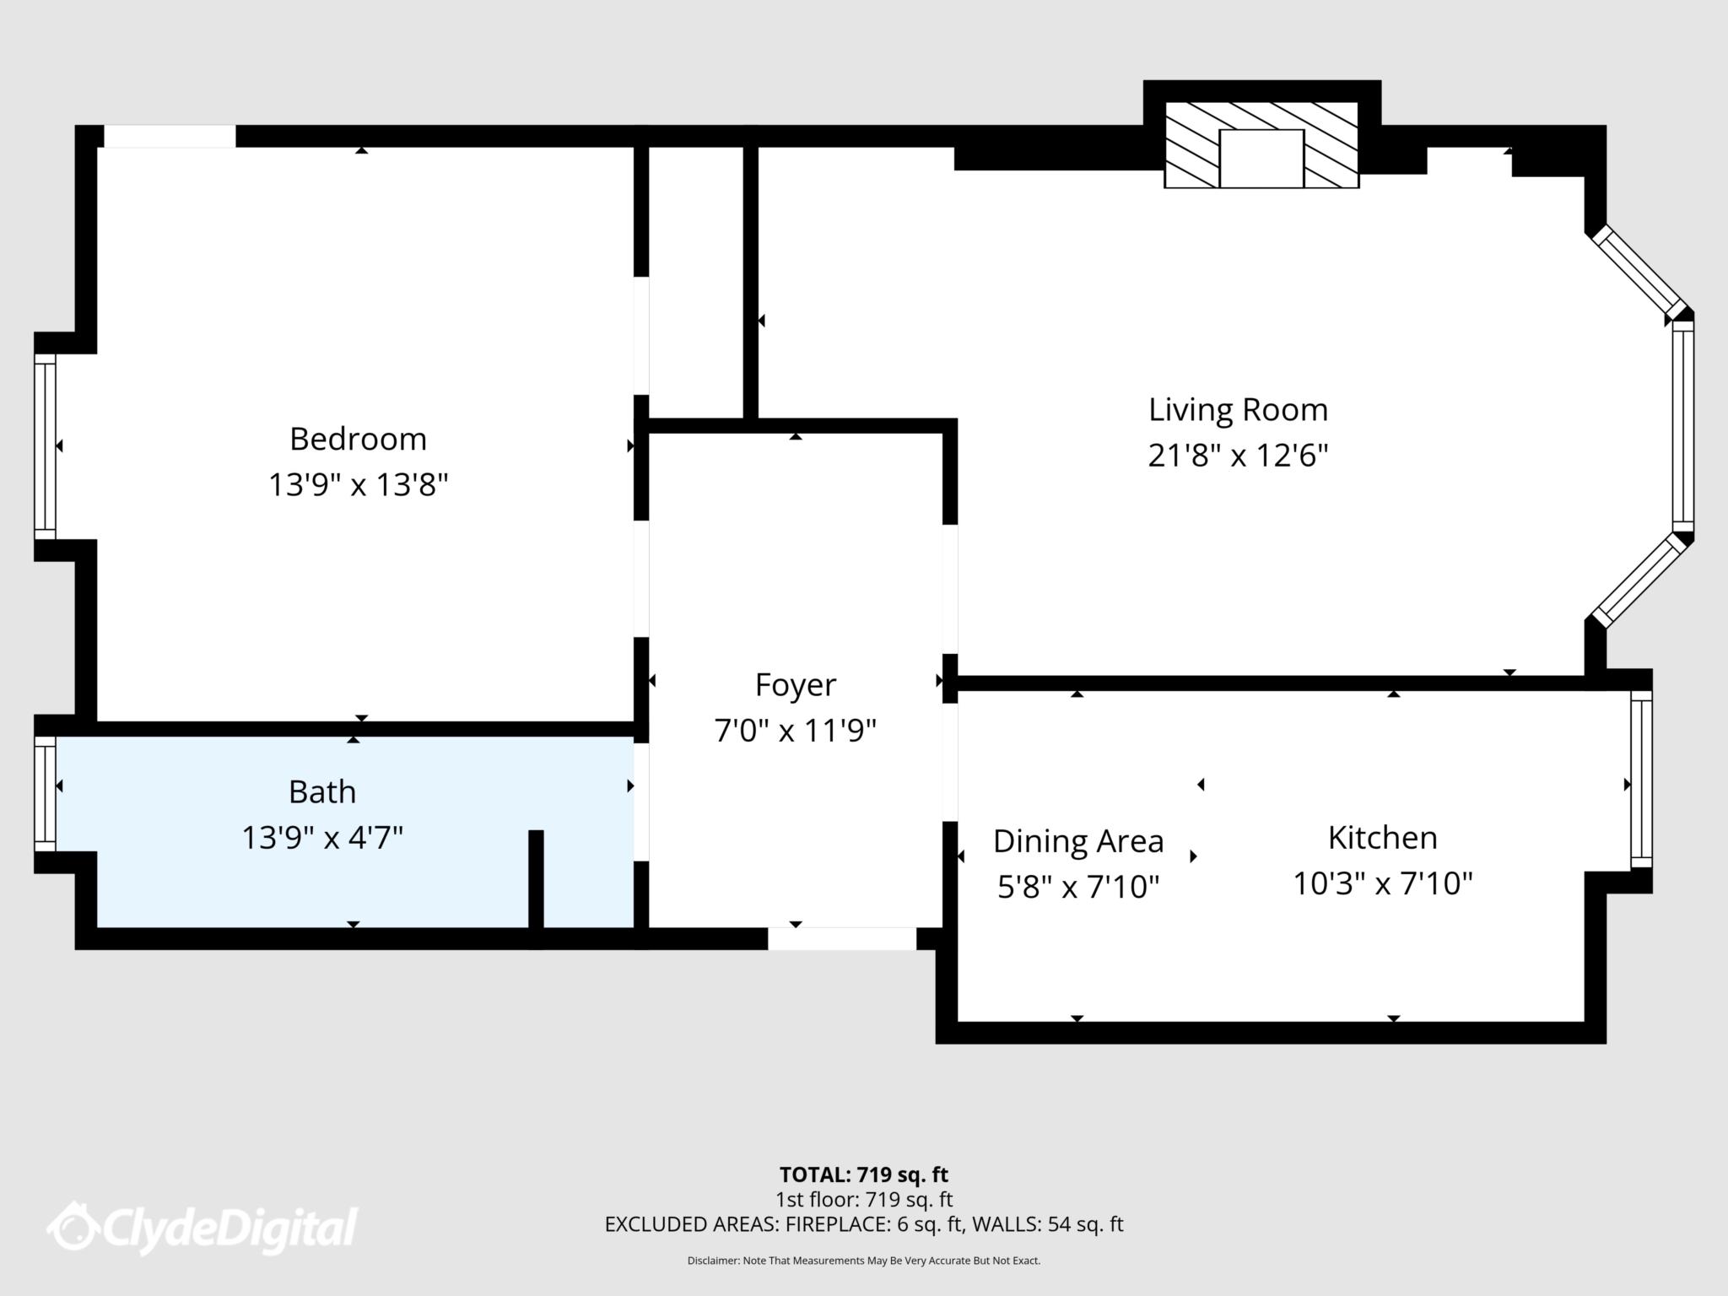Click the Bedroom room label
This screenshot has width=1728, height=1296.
[358, 439]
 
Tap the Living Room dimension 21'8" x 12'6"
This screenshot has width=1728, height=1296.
[1238, 456]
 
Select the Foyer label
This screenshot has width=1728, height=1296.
[795, 684]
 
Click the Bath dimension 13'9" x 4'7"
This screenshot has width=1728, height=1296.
[322, 838]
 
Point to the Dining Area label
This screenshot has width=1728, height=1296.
[1077, 841]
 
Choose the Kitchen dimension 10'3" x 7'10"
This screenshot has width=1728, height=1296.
[1383, 883]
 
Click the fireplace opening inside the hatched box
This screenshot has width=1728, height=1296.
[1261, 158]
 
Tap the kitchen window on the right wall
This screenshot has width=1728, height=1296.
[1640, 779]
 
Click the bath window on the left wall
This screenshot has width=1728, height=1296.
[45, 794]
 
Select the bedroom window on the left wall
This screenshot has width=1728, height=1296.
[45, 445]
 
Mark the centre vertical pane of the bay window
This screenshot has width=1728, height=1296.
[1682, 426]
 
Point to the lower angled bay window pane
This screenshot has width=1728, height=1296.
[1639, 582]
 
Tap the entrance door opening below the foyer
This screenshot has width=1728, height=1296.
[841, 938]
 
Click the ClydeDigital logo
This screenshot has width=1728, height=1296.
[202, 1227]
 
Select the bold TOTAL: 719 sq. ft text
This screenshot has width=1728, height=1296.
[863, 1174]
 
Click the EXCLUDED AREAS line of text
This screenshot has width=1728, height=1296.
[863, 1224]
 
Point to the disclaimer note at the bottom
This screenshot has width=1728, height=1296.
[863, 1261]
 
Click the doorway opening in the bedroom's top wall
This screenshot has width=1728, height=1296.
[169, 136]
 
